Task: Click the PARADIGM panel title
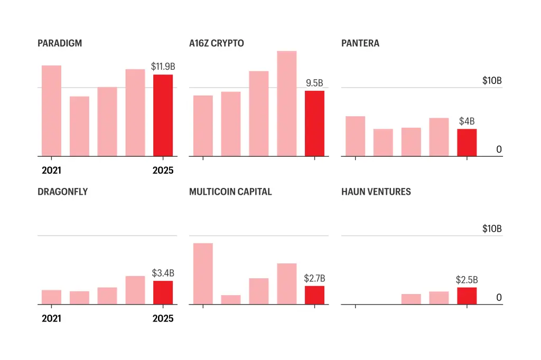[60, 43]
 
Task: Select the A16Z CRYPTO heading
[217, 43]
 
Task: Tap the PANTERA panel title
[360, 43]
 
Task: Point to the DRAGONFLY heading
[62, 192]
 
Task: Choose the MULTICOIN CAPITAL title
[230, 192]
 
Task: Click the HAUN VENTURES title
[376, 192]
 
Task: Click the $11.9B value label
[163, 67]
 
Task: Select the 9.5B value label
[314, 83]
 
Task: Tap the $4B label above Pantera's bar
[467, 121]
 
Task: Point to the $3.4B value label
[163, 273]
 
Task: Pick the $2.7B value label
[314, 278]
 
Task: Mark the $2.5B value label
[467, 280]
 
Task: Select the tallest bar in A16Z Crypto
[286, 103]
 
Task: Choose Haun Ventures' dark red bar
[467, 296]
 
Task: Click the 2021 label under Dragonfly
[51, 318]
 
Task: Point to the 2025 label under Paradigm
[163, 170]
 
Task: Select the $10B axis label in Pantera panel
[491, 81]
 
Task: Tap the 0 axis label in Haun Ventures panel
[499, 298]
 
